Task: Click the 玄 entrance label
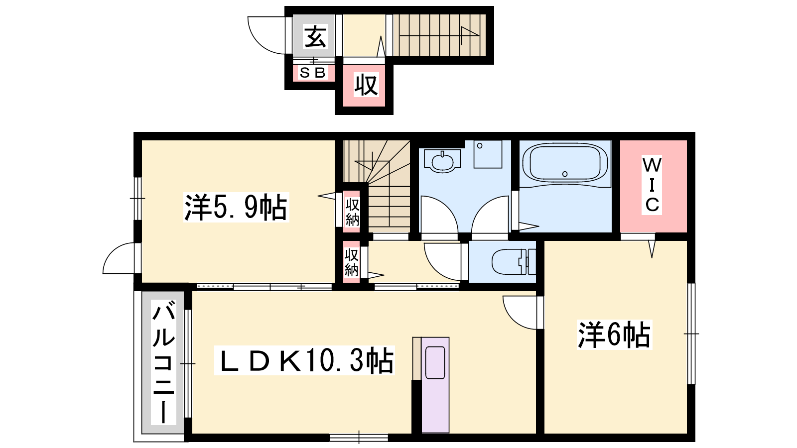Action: pyautogui.click(x=315, y=37)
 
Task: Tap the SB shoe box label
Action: pyautogui.click(x=313, y=73)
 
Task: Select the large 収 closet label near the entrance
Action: pyautogui.click(x=366, y=85)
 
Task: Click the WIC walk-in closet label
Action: pyautogui.click(x=652, y=185)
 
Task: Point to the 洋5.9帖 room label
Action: pyautogui.click(x=236, y=207)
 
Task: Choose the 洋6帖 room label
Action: pyautogui.click(x=614, y=335)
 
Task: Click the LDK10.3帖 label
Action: pyautogui.click(x=304, y=360)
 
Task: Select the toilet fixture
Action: pyautogui.click(x=514, y=262)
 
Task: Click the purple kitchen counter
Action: pyautogui.click(x=435, y=385)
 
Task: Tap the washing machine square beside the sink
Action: pyautogui.click(x=488, y=154)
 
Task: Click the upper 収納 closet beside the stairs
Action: pyautogui.click(x=352, y=212)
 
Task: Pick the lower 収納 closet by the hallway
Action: pyautogui.click(x=351, y=262)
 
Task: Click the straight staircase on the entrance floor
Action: pyautogui.click(x=439, y=35)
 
